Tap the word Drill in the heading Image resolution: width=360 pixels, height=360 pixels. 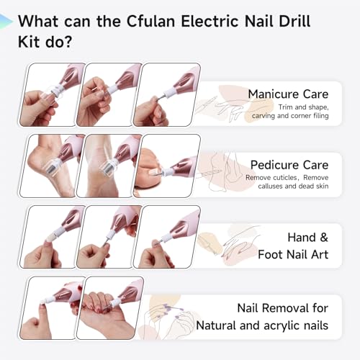[294, 21]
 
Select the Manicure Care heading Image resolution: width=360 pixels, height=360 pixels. [288, 94]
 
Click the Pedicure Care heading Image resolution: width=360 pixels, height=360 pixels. [289, 165]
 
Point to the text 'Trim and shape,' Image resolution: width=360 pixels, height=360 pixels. [303, 107]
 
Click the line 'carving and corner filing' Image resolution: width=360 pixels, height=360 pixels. [290, 116]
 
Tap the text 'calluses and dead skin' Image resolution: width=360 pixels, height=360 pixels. [293, 186]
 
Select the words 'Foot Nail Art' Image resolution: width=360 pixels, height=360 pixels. [293, 254]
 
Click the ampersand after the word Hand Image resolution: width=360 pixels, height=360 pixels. [324, 238]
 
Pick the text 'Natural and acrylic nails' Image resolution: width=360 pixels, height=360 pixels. [262, 325]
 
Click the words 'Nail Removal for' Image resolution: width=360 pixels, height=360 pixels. [283, 308]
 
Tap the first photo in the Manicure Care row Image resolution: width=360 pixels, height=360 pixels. [53, 94]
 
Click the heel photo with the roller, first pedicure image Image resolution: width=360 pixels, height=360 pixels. [53, 166]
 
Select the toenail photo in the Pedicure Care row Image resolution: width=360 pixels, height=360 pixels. [167, 166]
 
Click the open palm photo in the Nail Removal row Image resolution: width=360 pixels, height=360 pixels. [110, 308]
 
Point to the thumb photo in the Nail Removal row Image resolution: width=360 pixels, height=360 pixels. [53, 308]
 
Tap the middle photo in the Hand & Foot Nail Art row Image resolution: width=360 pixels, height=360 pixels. [109, 237]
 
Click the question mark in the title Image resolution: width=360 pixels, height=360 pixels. [68, 42]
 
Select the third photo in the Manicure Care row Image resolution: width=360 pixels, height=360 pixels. [167, 94]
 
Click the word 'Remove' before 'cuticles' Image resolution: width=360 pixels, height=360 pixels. [259, 178]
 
